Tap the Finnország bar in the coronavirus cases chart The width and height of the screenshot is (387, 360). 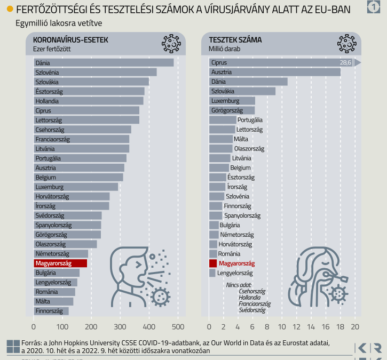tap(51, 311)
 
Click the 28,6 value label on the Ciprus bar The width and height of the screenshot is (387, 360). tap(345, 62)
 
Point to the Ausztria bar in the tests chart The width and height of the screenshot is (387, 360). tap(274, 72)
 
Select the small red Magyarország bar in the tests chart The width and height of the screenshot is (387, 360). tap(213, 263)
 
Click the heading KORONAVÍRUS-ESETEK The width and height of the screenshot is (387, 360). tap(70, 40)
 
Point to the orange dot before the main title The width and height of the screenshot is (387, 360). tap(10, 9)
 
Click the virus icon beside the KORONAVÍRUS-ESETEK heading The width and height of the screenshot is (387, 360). tap(170, 43)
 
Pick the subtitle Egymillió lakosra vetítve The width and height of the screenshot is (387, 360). tap(59, 23)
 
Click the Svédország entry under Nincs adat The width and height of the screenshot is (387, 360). tap(252, 310)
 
